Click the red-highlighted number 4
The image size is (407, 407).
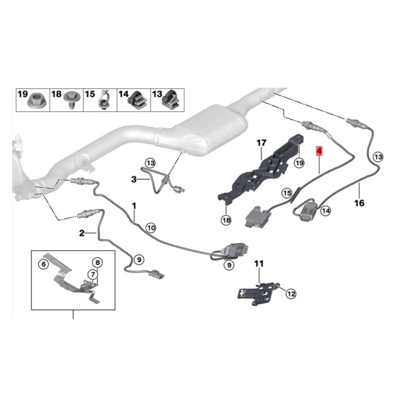pos(319,150)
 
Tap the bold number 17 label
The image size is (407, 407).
pos(261,143)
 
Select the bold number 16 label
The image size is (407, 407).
pos(359,203)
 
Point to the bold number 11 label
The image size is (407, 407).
pos(259,263)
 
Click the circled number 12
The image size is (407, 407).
pos(291,294)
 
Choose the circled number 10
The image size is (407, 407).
pos(151,228)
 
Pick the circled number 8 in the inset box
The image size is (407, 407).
pos(97,262)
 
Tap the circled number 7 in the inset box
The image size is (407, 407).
pos(92,274)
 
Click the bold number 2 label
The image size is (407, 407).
pos(82,233)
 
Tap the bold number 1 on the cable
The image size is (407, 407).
pos(134,206)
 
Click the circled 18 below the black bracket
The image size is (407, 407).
pos(226,220)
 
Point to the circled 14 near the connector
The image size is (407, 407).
pos(326,211)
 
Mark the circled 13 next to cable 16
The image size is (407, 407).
pos(378,157)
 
